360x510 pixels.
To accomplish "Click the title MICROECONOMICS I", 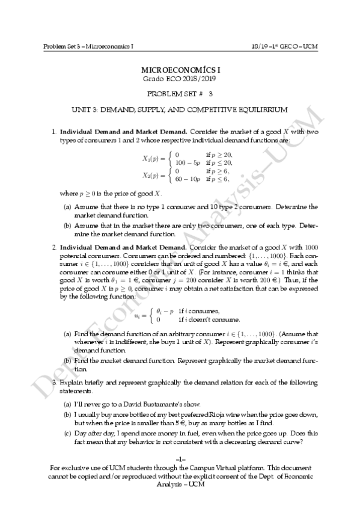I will click(x=180, y=70).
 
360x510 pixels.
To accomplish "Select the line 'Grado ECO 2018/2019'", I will click(x=179, y=79).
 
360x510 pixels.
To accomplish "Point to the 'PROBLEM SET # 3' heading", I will click(x=180, y=94).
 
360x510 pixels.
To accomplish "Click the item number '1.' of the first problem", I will click(x=54, y=131).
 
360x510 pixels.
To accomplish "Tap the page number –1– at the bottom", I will click(x=180, y=459).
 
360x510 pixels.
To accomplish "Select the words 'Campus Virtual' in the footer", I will click(x=219, y=467).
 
